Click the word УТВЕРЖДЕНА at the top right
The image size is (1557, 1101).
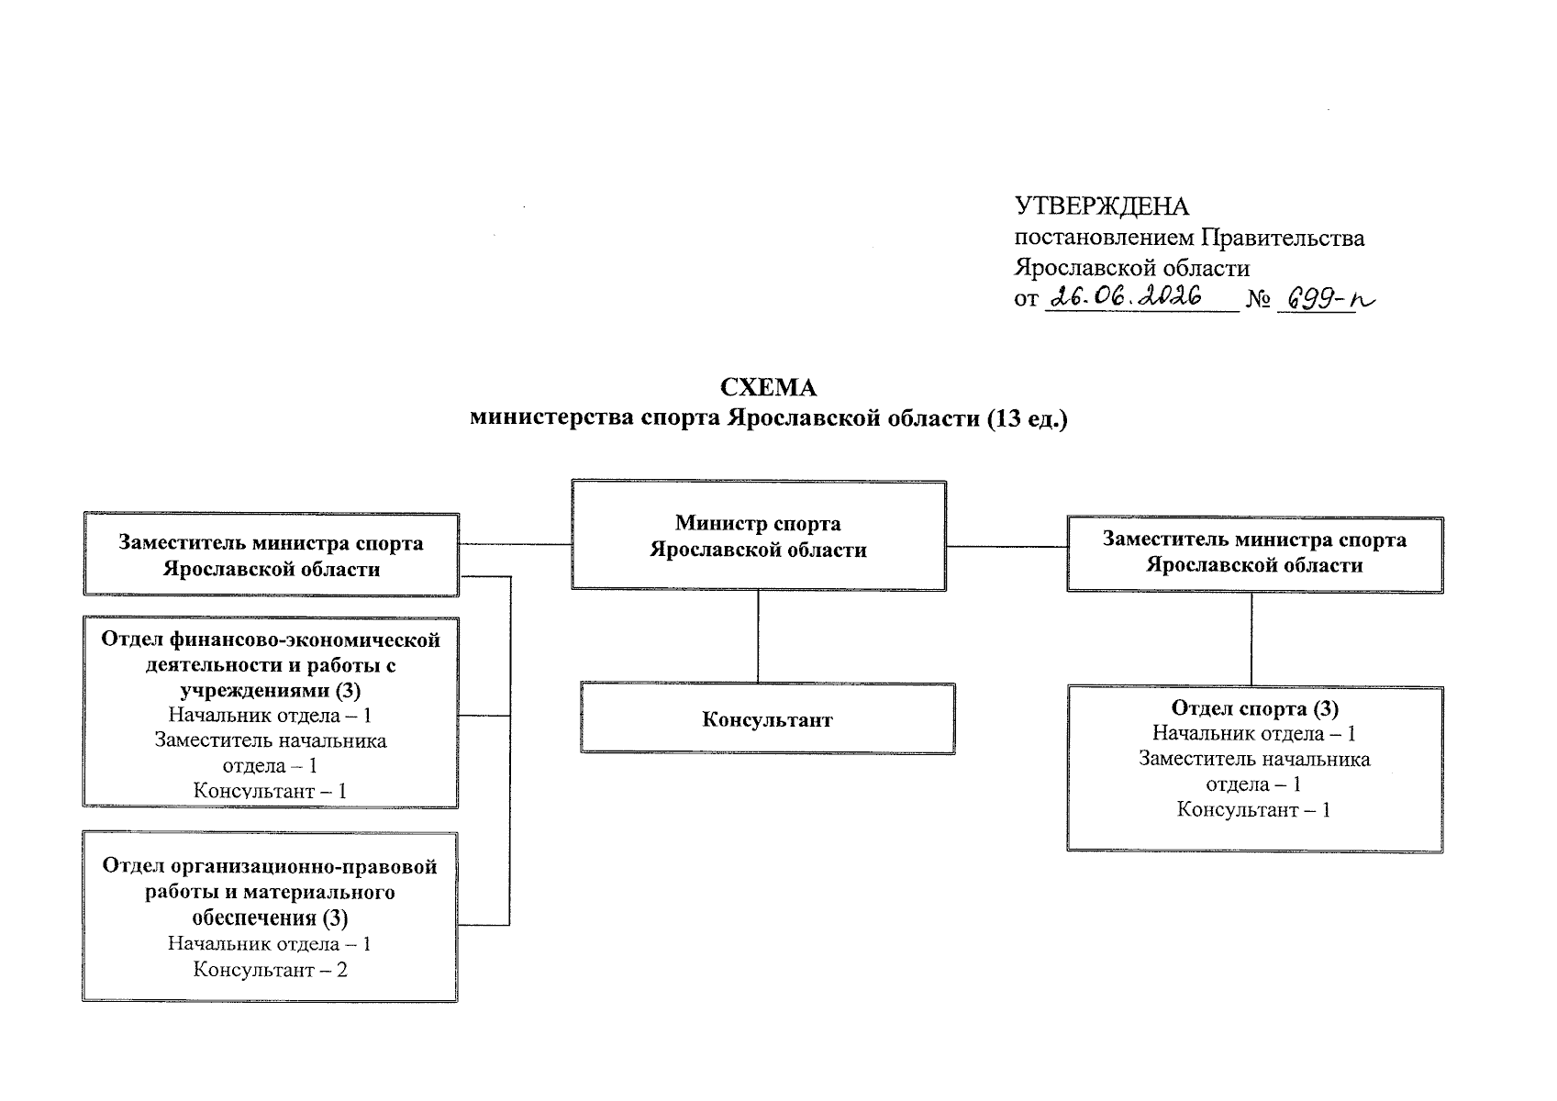tap(1102, 206)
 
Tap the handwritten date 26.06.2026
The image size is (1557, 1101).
tap(1126, 296)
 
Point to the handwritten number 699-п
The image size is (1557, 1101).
tap(1330, 299)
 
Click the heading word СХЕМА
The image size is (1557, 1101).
tap(768, 387)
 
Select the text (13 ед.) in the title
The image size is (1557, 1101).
tap(1028, 418)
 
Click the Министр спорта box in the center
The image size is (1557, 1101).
tap(759, 535)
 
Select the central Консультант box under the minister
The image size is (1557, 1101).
tap(768, 718)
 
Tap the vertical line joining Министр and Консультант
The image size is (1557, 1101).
tap(759, 637)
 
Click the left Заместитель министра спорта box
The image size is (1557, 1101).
tap(272, 555)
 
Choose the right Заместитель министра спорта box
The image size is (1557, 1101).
tap(1255, 555)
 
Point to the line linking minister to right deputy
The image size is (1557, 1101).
tap(1007, 546)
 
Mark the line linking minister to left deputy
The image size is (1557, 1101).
tap(516, 544)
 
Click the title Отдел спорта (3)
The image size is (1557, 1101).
tap(1255, 708)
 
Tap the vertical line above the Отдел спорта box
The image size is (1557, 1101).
tap(1251, 639)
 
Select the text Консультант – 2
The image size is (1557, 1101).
tap(271, 970)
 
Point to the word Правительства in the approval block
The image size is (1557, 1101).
tap(1283, 238)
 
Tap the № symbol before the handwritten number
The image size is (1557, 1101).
tap(1259, 300)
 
